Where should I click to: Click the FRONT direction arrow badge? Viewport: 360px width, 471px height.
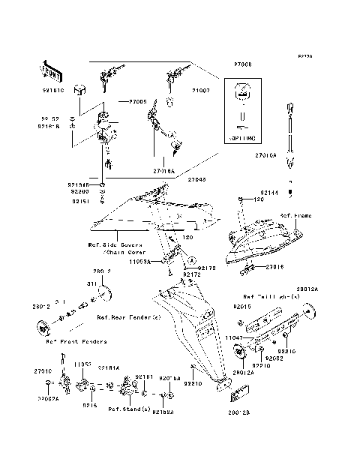click(x=46, y=72)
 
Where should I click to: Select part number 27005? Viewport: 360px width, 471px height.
click(x=138, y=100)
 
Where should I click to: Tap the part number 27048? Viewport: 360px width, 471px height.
click(x=197, y=180)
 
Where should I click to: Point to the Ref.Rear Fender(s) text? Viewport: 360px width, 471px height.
click(x=128, y=317)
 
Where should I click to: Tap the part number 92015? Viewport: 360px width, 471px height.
click(x=242, y=307)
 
